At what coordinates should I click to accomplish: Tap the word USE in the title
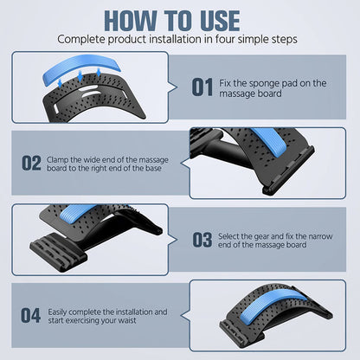click(x=220, y=21)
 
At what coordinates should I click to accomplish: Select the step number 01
click(x=202, y=87)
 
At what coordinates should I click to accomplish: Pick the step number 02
click(x=31, y=164)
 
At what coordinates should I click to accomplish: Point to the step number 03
click(x=202, y=240)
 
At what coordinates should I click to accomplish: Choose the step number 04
click(x=30, y=316)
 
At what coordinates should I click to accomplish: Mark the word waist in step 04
click(x=127, y=320)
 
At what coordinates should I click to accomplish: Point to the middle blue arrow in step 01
click(x=80, y=76)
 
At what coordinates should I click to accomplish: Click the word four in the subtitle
click(x=226, y=39)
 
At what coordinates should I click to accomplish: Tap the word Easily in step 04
click(x=57, y=312)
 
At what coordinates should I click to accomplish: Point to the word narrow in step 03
click(x=320, y=237)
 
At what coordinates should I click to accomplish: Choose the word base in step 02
click(x=153, y=169)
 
